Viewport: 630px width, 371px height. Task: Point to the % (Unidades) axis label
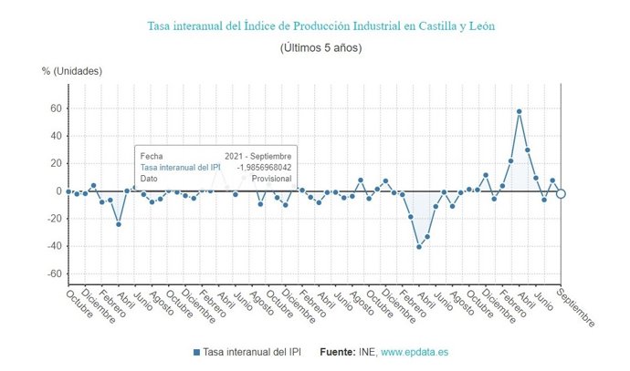(72, 70)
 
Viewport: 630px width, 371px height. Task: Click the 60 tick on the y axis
(55, 108)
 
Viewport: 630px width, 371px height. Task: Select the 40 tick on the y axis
(55, 136)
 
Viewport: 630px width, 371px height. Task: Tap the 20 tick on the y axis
(55, 163)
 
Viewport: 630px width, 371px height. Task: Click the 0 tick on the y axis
(58, 191)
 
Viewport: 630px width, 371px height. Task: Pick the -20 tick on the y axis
(53, 219)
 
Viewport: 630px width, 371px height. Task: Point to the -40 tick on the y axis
(53, 246)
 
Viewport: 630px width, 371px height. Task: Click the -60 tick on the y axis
(53, 273)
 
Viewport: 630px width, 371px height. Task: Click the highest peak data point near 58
(520, 111)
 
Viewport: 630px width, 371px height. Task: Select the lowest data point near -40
(419, 247)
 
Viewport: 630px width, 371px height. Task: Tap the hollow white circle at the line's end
(561, 193)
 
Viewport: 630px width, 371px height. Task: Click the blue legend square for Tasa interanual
(197, 352)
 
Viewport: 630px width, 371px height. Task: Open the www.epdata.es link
(415, 352)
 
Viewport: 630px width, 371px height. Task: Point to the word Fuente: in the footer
(339, 352)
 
